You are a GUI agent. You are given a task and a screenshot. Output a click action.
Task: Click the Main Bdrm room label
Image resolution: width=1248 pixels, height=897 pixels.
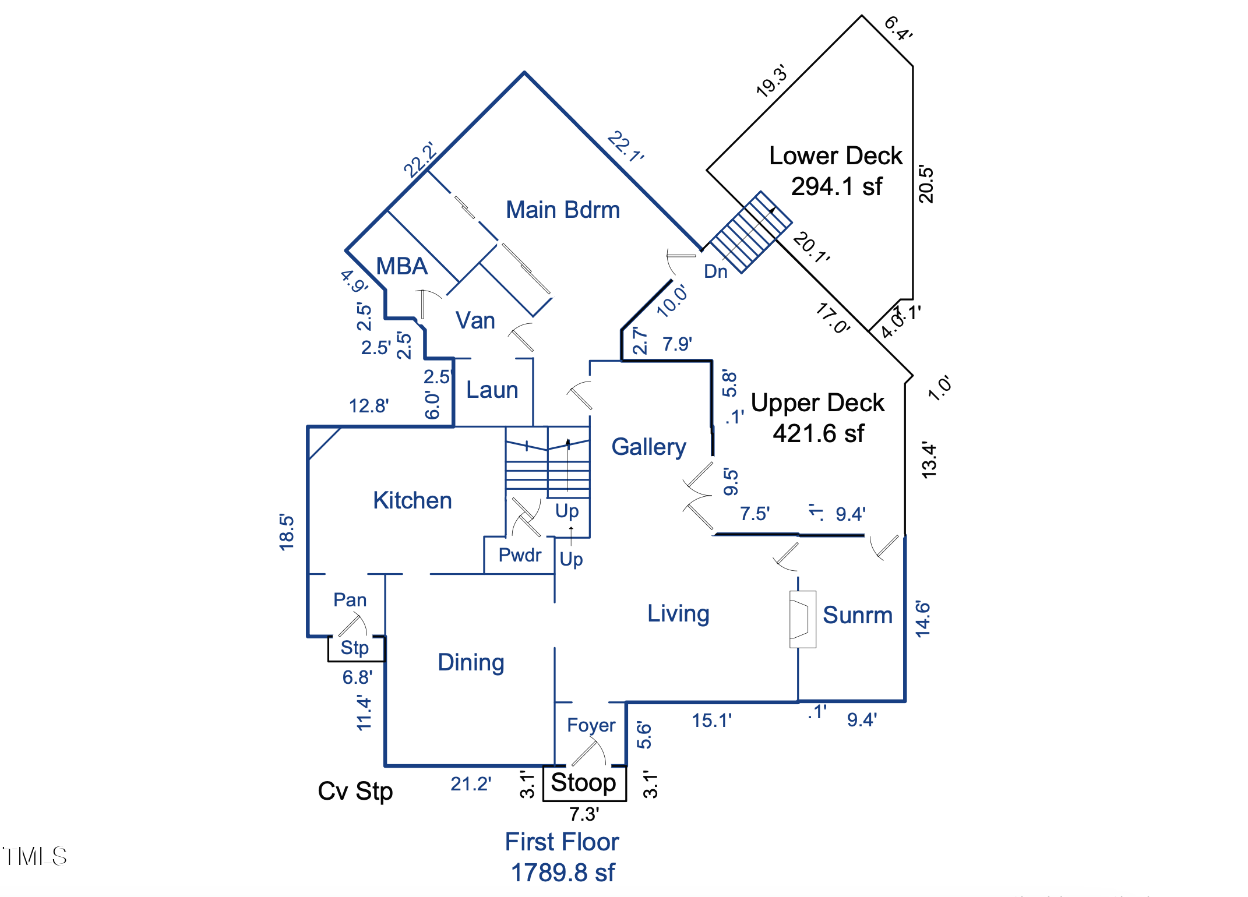563,210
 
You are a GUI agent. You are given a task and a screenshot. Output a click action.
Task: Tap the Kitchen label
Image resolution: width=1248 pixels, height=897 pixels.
412,500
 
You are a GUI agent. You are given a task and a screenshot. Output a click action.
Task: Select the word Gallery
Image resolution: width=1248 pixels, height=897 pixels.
648,447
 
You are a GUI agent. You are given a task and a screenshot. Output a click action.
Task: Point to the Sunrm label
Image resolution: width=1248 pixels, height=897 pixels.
857,615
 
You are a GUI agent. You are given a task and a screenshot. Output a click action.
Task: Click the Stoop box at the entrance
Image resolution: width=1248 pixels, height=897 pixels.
584,783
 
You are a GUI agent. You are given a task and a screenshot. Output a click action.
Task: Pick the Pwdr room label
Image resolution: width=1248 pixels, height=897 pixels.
520,555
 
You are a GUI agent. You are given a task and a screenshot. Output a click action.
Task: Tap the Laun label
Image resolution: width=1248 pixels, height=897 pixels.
492,390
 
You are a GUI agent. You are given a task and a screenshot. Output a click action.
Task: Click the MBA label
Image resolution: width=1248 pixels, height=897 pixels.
402,266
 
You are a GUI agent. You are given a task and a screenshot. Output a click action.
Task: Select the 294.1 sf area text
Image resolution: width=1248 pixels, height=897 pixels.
836,186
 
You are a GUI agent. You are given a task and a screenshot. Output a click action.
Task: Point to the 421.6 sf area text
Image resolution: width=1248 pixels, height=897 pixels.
818,433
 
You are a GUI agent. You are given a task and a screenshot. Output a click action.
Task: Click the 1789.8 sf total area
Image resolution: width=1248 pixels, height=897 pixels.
562,873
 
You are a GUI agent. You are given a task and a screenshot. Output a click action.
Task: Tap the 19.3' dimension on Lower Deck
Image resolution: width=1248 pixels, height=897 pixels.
771,80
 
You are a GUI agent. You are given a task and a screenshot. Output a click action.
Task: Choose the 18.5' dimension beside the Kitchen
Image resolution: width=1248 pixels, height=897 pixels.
287,532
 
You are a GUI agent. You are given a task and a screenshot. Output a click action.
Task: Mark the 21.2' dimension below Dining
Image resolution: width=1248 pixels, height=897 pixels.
471,784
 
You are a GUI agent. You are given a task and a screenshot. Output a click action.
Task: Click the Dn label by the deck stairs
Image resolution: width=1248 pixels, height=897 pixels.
715,271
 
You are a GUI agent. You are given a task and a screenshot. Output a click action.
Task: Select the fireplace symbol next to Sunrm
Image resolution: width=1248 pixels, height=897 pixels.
802,619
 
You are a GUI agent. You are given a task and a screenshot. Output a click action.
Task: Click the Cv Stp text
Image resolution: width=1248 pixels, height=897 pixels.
355,791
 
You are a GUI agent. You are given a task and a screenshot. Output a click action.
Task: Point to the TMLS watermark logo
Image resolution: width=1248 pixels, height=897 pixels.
35,856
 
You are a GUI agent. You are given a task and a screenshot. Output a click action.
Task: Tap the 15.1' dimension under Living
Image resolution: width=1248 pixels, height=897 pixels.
711,721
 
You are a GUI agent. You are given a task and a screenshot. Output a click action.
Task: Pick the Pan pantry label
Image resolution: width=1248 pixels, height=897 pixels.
350,600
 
